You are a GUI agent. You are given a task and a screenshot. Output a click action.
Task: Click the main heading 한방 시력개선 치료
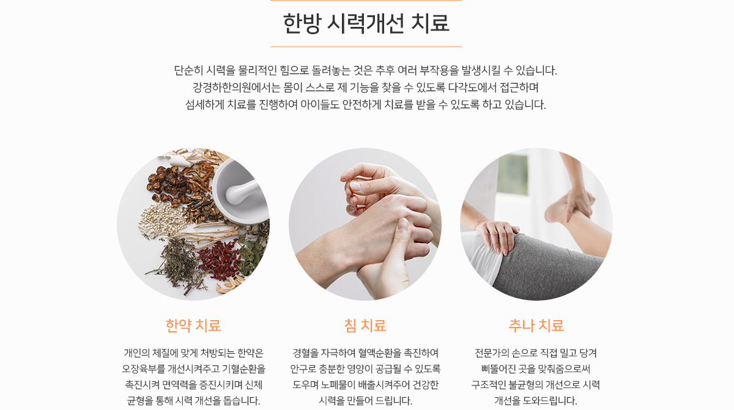pyautogui.click(x=366, y=24)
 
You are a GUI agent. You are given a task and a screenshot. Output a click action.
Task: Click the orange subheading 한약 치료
pyautogui.click(x=193, y=326)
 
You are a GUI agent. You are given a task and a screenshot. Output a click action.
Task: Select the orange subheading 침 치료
pyautogui.click(x=365, y=326)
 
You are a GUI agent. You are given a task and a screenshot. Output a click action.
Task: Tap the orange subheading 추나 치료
pyautogui.click(x=536, y=326)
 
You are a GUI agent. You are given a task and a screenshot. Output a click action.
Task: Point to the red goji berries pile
pyautogui.click(x=218, y=260)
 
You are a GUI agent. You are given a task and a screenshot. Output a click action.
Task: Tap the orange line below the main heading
pyautogui.click(x=366, y=47)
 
